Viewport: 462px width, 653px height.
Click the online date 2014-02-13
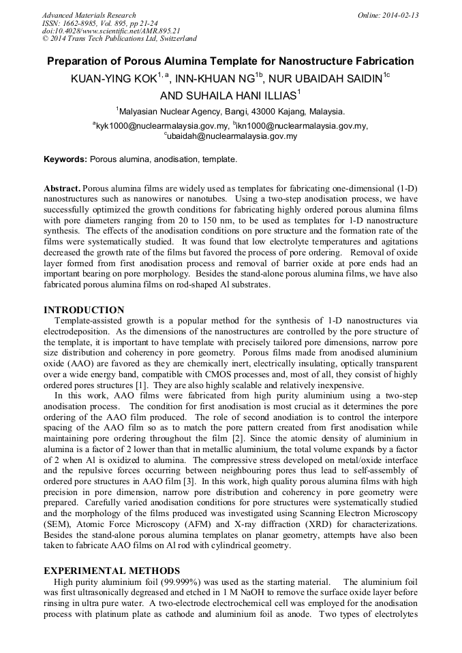click(x=401, y=15)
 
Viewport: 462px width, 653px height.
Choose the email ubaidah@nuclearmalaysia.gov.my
click(x=232, y=136)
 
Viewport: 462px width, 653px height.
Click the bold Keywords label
click(x=65, y=159)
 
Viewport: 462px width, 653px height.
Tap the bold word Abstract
click(x=62, y=187)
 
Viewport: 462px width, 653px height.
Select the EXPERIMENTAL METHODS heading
click(x=112, y=571)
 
